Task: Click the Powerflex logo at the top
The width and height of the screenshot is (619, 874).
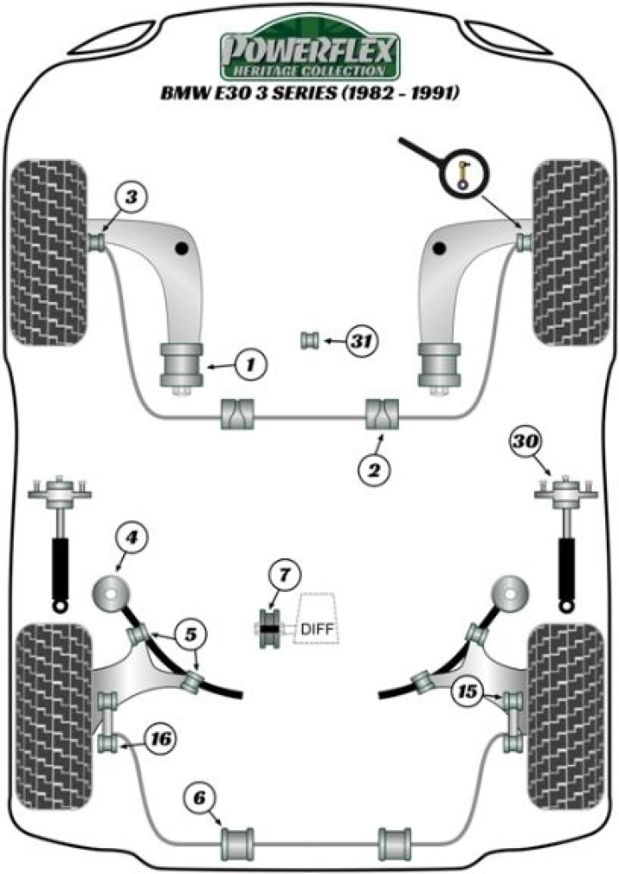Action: (310, 53)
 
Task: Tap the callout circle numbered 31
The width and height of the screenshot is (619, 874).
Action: (363, 342)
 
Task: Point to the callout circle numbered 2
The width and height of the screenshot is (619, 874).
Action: (376, 469)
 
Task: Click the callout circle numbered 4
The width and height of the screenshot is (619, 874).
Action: (131, 539)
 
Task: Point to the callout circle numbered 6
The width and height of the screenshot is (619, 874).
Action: (201, 798)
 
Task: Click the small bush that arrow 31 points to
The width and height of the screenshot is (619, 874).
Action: (309, 342)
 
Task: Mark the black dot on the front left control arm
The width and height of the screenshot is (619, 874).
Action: (182, 249)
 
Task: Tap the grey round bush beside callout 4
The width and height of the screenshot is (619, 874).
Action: (111, 593)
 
